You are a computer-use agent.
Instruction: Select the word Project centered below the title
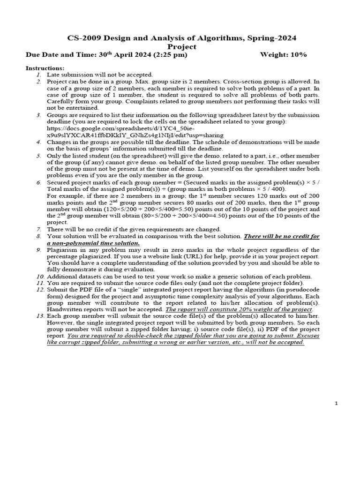[181, 46]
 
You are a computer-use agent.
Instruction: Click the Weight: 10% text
[283, 55]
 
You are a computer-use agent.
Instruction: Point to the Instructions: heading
[45, 68]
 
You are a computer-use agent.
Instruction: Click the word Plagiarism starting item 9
[61, 250]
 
